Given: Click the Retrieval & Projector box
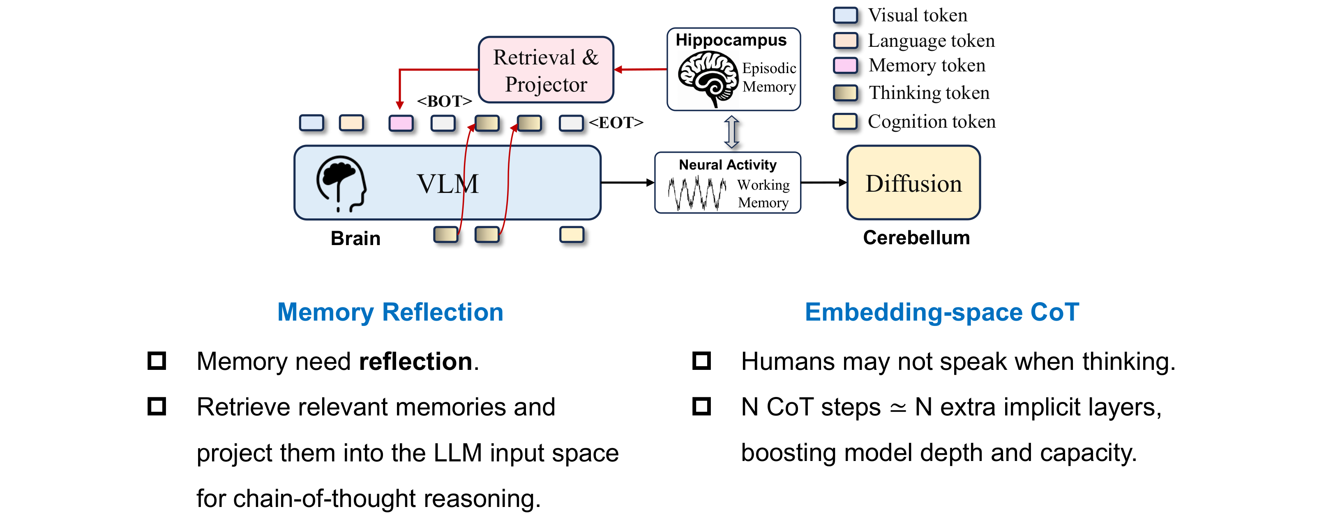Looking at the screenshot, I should (546, 70).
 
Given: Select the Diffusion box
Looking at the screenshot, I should (913, 183).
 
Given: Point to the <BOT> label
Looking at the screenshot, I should (444, 101).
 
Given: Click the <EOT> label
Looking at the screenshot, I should (616, 123).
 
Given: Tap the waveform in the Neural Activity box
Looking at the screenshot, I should (696, 193).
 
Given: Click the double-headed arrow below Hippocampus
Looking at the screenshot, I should (731, 131).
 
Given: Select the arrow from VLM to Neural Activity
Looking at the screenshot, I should (627, 183).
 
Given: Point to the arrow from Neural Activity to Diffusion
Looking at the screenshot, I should (823, 183).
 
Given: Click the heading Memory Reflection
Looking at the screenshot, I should (390, 312).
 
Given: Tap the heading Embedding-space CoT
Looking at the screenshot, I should (942, 312).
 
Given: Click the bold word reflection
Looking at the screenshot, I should (415, 361).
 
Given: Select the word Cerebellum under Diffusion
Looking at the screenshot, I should (916, 238).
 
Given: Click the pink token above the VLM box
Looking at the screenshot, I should (401, 123).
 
